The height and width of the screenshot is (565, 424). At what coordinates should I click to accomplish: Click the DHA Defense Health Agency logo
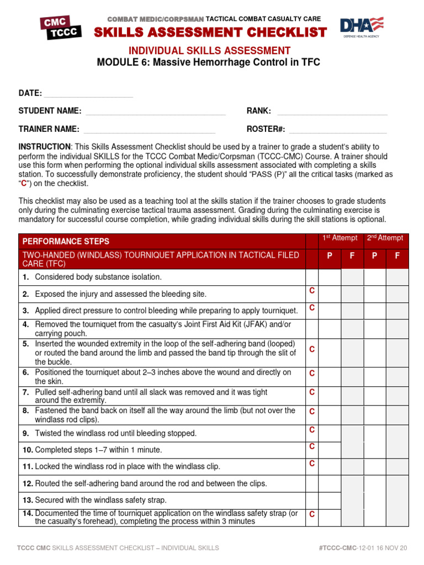tap(362, 28)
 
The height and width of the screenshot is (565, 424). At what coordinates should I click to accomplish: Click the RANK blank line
tap(331, 112)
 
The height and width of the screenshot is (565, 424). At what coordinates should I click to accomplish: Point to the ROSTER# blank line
tap(338, 130)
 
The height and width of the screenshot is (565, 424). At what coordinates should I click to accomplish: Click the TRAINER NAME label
tap(49, 129)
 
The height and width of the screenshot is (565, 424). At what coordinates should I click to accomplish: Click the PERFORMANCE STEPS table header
tap(66, 241)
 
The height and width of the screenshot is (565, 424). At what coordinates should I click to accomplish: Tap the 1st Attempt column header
tap(340, 238)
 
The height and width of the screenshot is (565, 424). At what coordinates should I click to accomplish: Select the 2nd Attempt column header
tap(385, 238)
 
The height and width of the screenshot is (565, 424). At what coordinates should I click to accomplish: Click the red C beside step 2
tap(312, 291)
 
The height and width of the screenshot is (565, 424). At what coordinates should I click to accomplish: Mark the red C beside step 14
tap(312, 514)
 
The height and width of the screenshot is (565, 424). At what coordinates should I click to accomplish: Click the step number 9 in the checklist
tap(25, 433)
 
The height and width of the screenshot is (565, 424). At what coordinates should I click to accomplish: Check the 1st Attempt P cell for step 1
tap(330, 277)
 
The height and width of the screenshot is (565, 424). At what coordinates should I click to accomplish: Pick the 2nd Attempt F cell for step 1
tap(397, 277)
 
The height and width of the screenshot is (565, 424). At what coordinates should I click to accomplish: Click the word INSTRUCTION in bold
tap(44, 147)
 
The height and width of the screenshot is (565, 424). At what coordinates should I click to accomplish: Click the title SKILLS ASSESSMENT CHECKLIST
tap(210, 33)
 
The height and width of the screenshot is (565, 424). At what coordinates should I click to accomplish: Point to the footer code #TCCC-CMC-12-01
tap(353, 548)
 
